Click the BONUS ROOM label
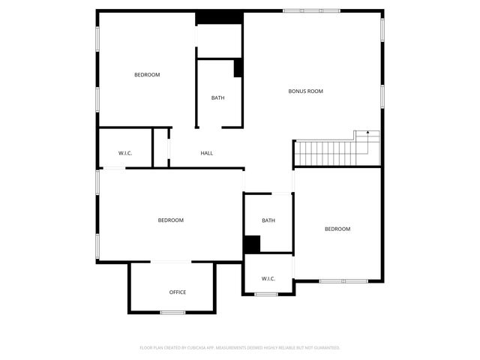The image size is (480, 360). click(305, 91)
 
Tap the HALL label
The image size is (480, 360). click(207, 153)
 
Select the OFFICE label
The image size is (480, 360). click(178, 292)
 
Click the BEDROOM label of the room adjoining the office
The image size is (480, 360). click(170, 220)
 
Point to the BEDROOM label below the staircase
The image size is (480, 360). click(337, 229)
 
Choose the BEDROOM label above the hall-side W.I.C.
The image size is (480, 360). click(147, 74)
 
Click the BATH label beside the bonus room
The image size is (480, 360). click(217, 97)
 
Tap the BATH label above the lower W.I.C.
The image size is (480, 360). click(268, 220)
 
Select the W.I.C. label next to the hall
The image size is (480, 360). click(125, 153)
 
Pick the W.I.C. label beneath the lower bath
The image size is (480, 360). click(268, 279)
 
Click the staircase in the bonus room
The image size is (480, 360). click(330, 153)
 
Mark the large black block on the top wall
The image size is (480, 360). click(218, 16)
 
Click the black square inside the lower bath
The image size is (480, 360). click(251, 244)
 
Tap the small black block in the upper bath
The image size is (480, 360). click(238, 67)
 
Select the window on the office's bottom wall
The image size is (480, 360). click(173, 312)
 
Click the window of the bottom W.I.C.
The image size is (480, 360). click(266, 294)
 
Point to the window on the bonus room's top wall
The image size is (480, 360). click(311, 10)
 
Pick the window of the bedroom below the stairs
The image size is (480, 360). click(343, 281)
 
